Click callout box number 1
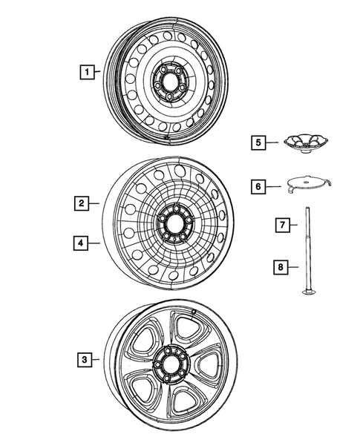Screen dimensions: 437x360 (88, 72)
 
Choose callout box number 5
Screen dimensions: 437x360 (257, 142)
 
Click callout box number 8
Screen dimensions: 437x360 (282, 265)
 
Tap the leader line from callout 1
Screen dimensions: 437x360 (99, 72)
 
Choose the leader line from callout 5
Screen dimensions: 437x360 (274, 142)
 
